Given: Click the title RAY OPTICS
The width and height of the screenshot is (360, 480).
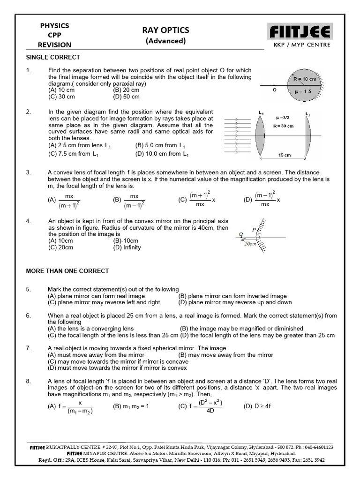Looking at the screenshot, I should (x=165, y=30).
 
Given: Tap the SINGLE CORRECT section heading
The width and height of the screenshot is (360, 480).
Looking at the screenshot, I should (x=52, y=57).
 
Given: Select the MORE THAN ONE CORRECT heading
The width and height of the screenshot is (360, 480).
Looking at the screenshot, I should (x=67, y=271).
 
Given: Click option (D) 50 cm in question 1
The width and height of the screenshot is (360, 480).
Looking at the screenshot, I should (x=126, y=97).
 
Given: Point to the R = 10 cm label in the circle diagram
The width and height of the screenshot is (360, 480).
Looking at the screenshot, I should (x=305, y=79).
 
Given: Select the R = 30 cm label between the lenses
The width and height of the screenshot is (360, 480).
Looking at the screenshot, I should (x=284, y=126).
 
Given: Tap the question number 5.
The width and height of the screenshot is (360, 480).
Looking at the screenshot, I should (x=29, y=289).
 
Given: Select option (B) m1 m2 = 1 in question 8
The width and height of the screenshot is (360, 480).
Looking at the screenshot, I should (x=131, y=406).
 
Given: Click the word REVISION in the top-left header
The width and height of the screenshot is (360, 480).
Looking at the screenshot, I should (x=55, y=45).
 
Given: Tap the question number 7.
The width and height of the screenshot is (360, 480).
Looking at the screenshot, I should (x=29, y=348).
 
